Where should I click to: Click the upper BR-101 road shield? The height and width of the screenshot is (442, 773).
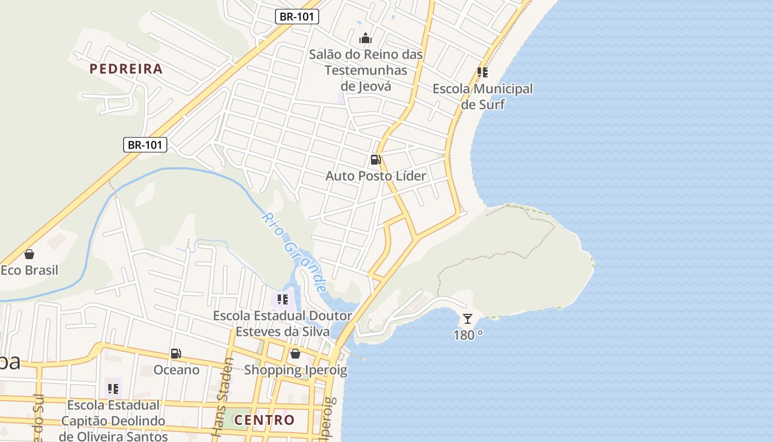click(x=297, y=17)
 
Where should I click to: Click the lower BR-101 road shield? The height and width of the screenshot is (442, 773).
click(x=145, y=145)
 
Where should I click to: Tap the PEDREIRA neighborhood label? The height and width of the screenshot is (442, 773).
click(x=126, y=69)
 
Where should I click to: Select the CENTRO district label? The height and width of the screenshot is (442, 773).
click(x=264, y=420)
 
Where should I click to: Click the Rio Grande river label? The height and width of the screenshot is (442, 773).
click(x=294, y=252)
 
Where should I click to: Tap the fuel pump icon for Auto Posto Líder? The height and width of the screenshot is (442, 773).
click(x=375, y=160)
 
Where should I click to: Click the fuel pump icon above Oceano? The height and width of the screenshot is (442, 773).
click(x=176, y=354)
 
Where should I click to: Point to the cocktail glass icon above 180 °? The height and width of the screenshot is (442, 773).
click(x=468, y=319)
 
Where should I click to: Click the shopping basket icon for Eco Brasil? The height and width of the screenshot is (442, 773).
click(x=29, y=254)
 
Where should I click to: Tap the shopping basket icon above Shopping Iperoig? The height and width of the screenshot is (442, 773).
click(x=295, y=354)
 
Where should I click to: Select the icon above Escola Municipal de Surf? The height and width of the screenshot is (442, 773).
click(x=483, y=72)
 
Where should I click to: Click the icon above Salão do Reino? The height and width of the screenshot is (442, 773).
click(x=366, y=38)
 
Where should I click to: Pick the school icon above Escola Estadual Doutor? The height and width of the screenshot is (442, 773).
click(x=283, y=299)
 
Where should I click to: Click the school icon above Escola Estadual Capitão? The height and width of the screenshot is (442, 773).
click(x=113, y=388)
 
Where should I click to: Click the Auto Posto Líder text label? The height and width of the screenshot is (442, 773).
click(x=375, y=176)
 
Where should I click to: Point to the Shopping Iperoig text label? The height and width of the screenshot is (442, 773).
click(x=295, y=370)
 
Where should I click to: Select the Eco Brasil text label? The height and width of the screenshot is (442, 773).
click(x=29, y=271)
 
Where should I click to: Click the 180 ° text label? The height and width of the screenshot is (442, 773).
click(x=468, y=335)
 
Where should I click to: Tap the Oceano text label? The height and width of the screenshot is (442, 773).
click(x=176, y=370)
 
